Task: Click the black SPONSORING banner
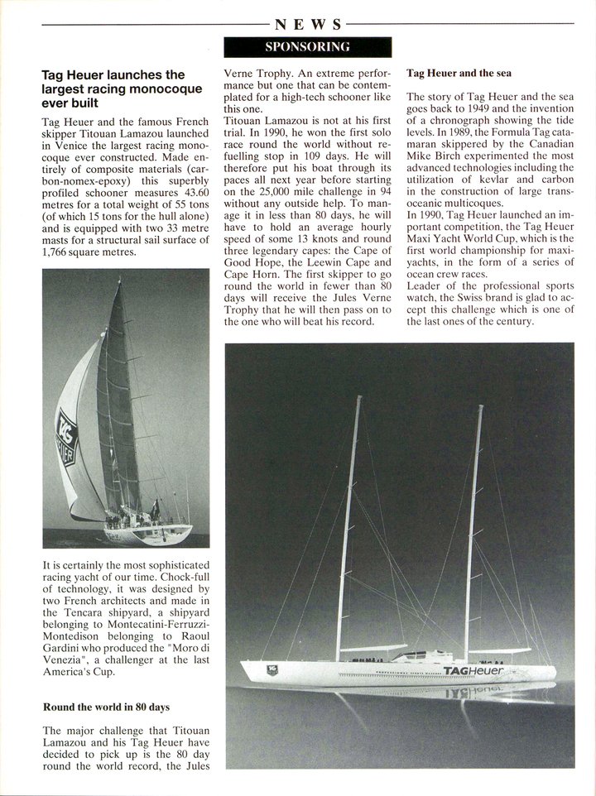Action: [307, 46]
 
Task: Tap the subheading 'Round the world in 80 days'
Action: [106, 707]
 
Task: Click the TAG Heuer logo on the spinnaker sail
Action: [66, 439]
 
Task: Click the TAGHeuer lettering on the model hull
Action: [473, 671]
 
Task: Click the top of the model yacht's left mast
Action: [358, 398]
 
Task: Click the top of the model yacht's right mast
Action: [479, 407]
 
